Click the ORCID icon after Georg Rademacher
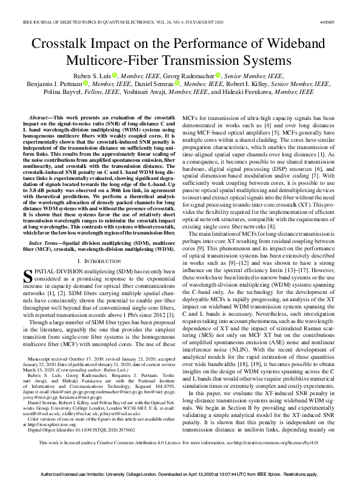[218, 75]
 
